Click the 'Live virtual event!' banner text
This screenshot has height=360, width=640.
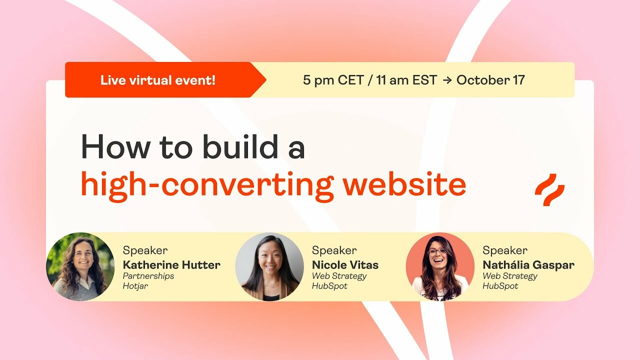157,80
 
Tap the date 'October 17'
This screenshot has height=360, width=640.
490,80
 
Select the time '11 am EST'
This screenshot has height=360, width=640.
406,80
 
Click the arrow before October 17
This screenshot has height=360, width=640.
446,80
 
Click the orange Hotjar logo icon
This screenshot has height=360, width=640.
549,189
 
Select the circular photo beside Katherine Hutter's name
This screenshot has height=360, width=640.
80,266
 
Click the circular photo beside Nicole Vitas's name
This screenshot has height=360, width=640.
269,266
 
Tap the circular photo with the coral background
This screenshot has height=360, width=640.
440,266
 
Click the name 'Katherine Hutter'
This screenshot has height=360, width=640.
171,265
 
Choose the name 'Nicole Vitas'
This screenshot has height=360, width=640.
345,265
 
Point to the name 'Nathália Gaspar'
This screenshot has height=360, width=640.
528,265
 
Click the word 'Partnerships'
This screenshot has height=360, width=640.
148,276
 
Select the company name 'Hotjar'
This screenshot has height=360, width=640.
135,286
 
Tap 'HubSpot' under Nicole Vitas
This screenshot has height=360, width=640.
329,286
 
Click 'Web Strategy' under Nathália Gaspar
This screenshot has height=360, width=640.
509,276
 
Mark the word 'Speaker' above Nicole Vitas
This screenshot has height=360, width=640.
334,250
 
